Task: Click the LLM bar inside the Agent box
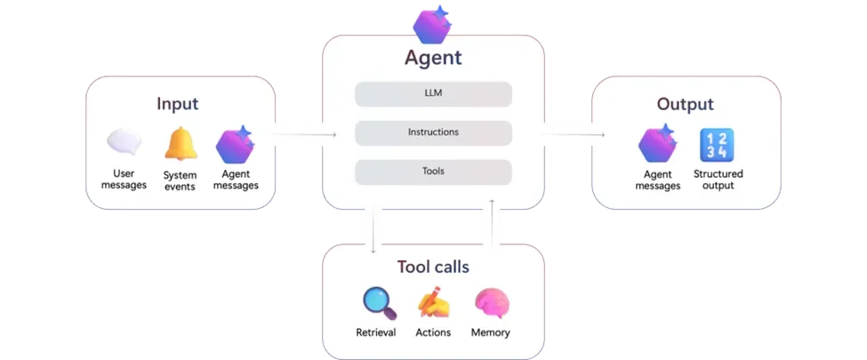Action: tap(433, 94)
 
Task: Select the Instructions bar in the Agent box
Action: tap(433, 132)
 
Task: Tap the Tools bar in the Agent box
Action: tap(433, 172)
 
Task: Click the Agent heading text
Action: tap(433, 60)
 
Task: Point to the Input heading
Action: tap(177, 104)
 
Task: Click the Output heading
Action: tap(685, 105)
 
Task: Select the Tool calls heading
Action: tap(433, 267)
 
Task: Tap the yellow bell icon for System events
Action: tap(181, 145)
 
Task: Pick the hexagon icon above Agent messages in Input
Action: tap(235, 145)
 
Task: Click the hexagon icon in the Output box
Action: tap(659, 145)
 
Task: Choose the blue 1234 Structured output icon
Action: tap(717, 145)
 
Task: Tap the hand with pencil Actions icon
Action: tap(433, 303)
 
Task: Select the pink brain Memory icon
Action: tap(491, 303)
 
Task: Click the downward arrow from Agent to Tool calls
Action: tap(373, 227)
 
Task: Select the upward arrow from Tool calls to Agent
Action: tap(492, 227)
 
